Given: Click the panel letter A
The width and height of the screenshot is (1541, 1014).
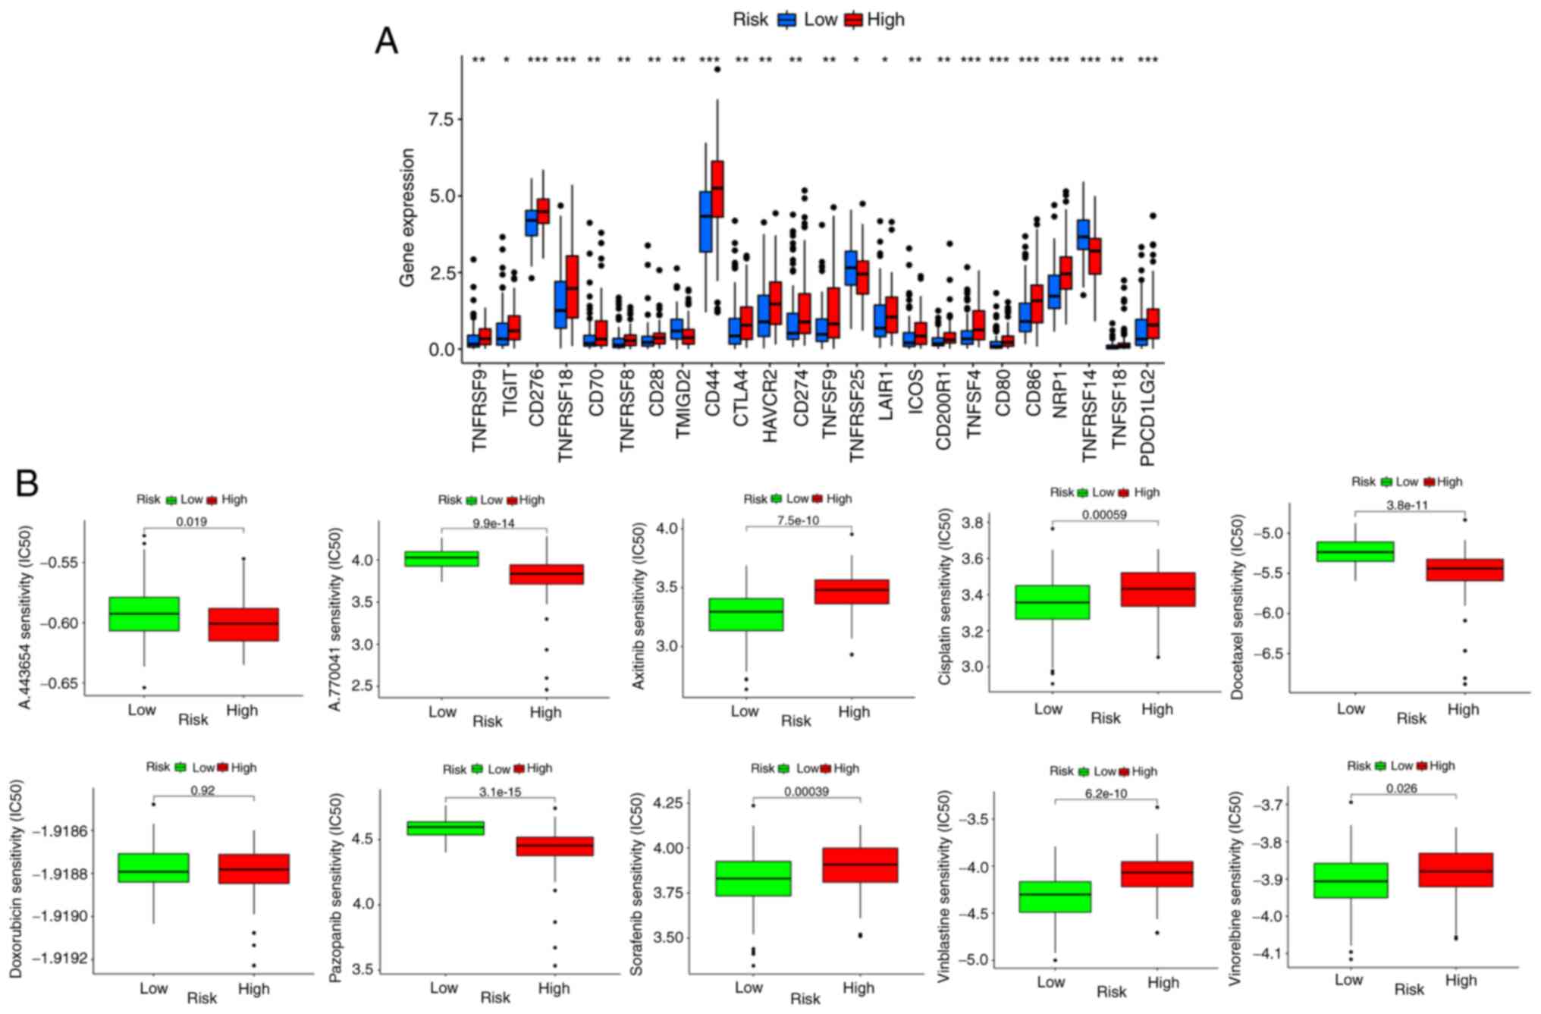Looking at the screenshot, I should point(386,41).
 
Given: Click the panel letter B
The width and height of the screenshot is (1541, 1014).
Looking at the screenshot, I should point(27,483).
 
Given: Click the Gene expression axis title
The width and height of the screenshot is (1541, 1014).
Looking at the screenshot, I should point(408,218).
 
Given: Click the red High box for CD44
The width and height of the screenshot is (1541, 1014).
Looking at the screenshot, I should point(717,189).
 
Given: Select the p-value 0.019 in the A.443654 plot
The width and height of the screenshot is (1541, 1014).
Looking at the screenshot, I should point(191,522).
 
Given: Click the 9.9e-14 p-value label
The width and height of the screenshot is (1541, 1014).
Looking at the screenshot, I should point(493,523).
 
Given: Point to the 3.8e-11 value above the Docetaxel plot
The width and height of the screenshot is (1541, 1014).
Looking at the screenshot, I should point(1408,505).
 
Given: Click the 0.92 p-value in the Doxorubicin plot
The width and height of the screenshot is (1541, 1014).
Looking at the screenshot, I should point(202,790).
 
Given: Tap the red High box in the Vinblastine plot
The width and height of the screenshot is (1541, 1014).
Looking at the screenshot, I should point(1157,874).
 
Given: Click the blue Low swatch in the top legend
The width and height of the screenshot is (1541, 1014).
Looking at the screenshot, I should point(787,20).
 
